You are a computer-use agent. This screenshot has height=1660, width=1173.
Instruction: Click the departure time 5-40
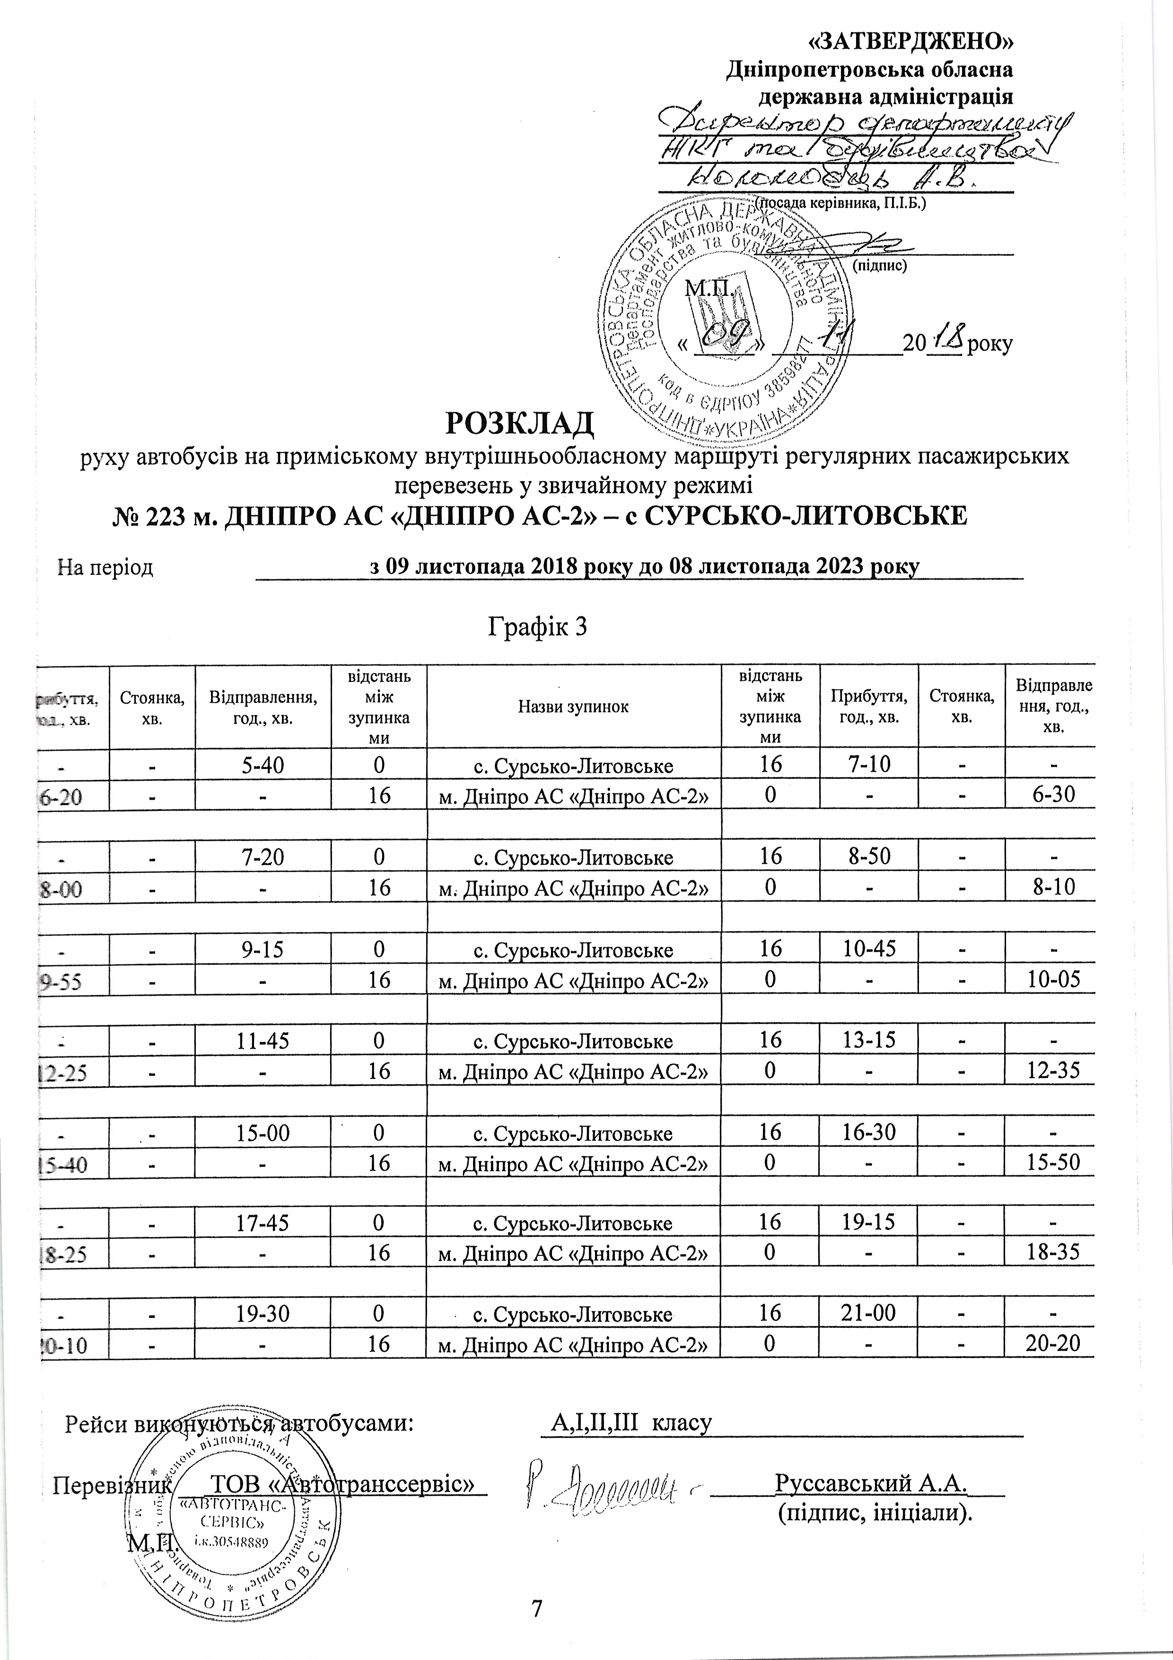[x=263, y=765]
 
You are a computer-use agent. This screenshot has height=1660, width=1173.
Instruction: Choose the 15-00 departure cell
[x=263, y=1132]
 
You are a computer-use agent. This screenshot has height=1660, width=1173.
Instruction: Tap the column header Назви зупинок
[x=573, y=706]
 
